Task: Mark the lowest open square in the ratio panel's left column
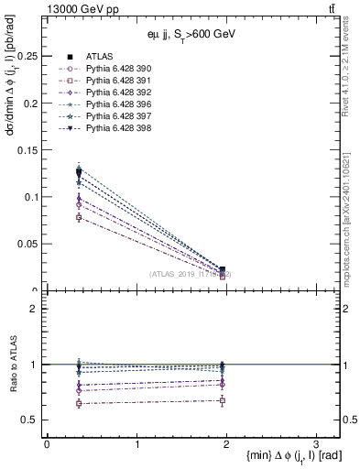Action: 79,403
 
